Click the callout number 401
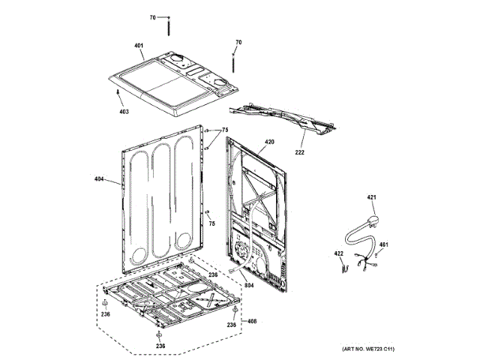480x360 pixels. [139, 46]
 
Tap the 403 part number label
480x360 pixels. [124, 112]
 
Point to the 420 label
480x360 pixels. [269, 142]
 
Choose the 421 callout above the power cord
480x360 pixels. [370, 198]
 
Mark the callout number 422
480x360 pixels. [338, 253]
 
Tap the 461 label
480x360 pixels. [383, 244]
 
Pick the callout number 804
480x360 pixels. [249, 284]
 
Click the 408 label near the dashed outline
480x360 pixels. [252, 321]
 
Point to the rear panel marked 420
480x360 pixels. [259, 210]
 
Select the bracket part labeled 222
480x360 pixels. [285, 120]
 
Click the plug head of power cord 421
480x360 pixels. [373, 220]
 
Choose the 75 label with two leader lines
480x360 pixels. [224, 130]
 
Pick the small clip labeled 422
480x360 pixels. [346, 265]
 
